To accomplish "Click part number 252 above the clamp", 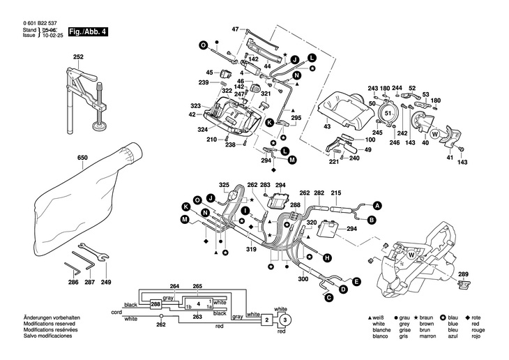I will tap(79, 57).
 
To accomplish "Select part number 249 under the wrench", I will tap(105, 282).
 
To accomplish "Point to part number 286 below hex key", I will tap(73, 282).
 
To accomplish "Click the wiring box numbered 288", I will tap(155, 305).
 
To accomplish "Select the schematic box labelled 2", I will tap(267, 320).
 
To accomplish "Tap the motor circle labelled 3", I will tap(284, 320).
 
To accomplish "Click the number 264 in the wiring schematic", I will tap(174, 287).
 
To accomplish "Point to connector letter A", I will tap(377, 206).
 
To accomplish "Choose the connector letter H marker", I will tap(326, 258).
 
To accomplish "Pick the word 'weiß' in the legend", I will tap(379, 318).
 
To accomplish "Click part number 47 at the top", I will tap(235, 29).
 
